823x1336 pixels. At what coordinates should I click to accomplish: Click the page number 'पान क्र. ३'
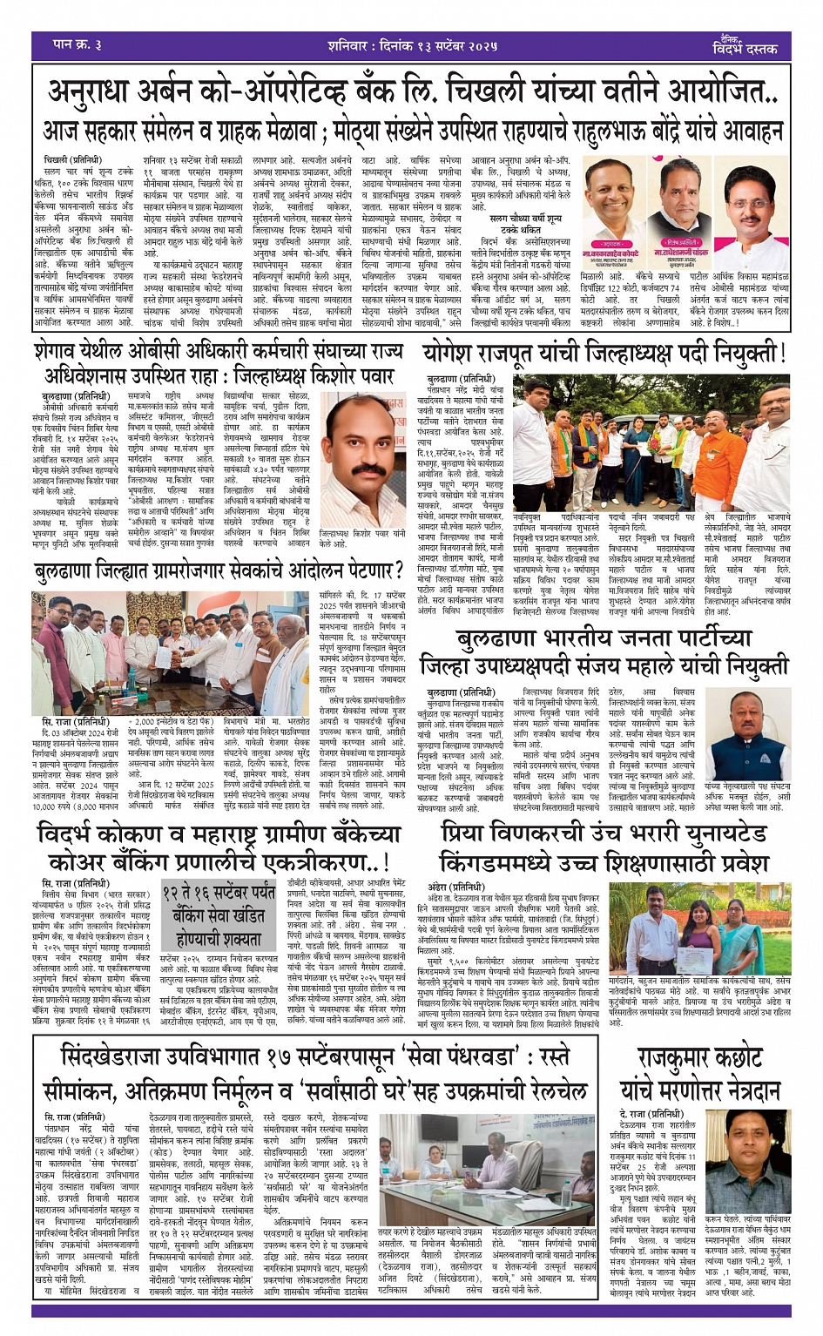point(79,44)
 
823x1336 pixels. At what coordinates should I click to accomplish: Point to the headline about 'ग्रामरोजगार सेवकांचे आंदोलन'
point(218,572)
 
